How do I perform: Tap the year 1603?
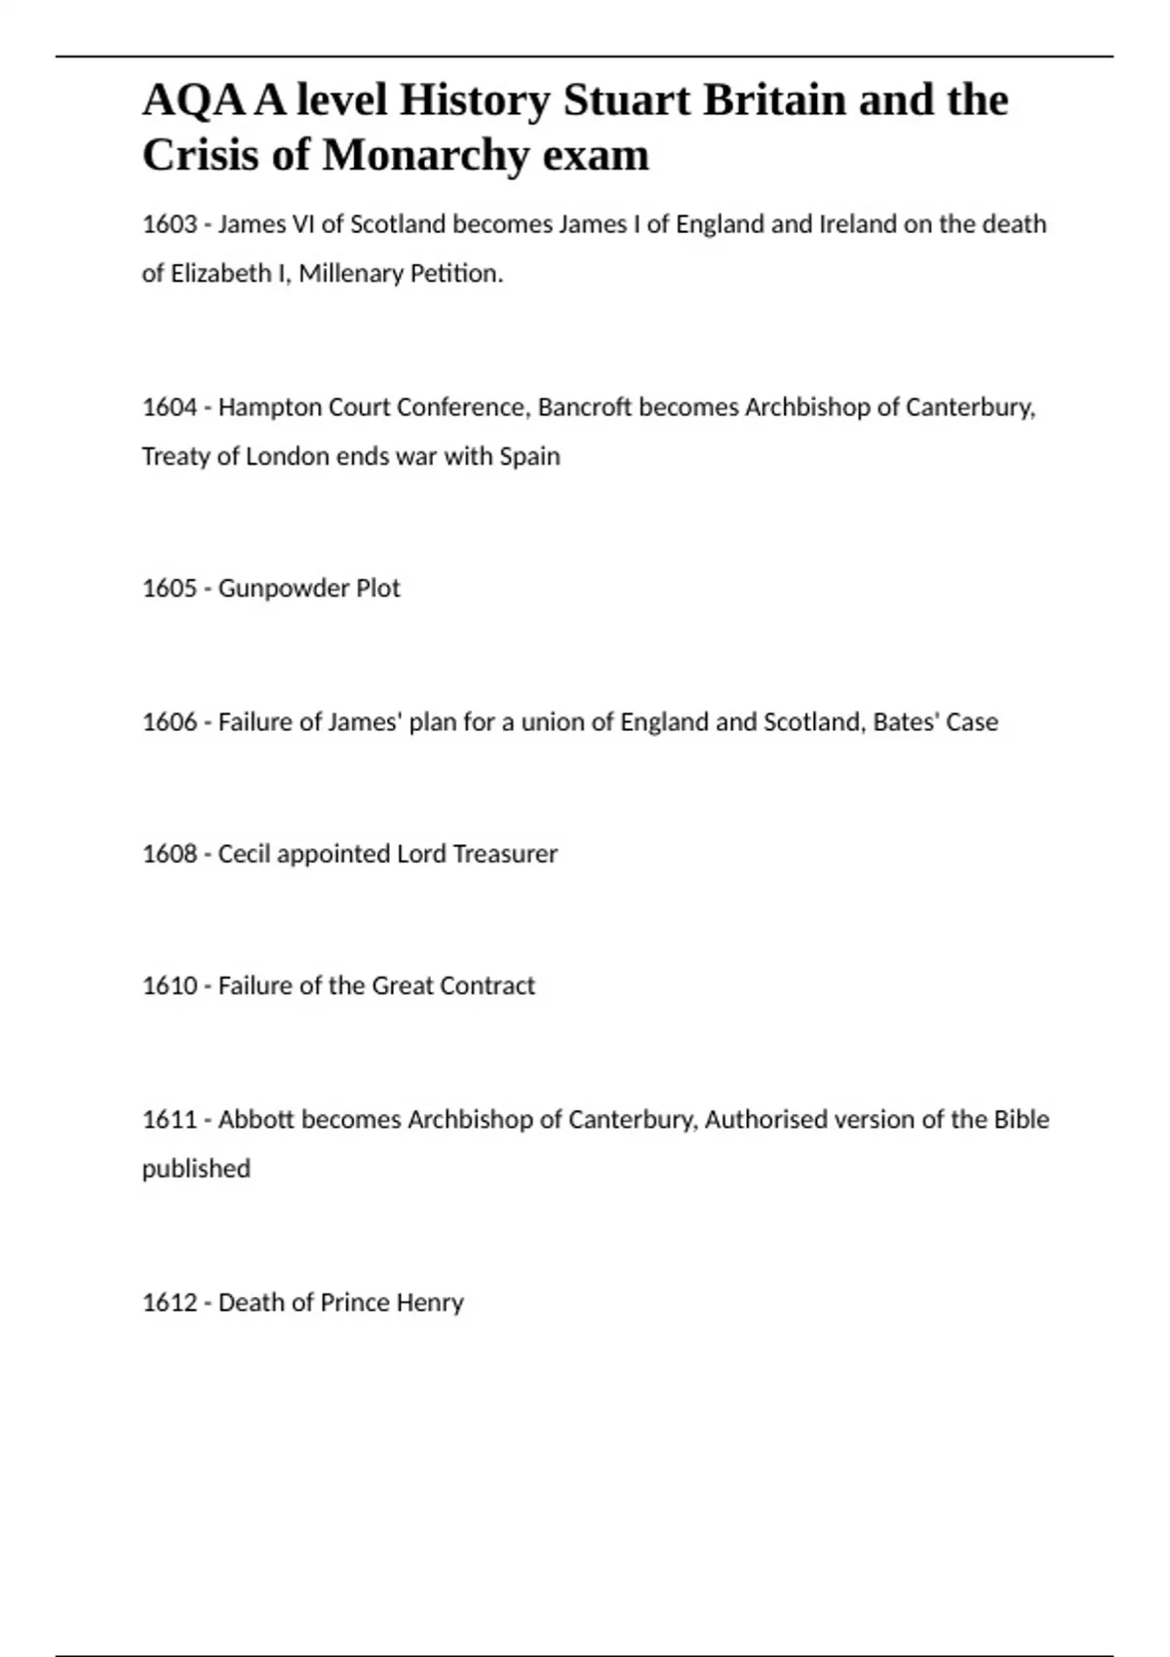point(170,224)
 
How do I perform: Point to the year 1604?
point(170,407)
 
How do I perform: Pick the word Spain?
point(529,456)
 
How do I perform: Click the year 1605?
point(170,589)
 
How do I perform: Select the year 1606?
point(170,722)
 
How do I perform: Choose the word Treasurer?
point(505,854)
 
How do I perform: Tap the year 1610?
point(170,985)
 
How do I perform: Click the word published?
point(196,1169)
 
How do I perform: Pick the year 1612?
point(170,1303)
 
